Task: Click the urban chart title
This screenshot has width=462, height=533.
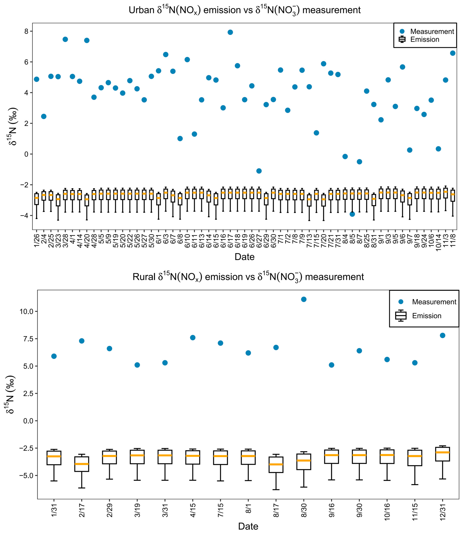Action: [x=244, y=10]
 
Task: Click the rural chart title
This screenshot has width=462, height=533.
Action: [x=248, y=277]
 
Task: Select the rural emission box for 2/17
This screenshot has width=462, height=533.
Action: [x=82, y=464]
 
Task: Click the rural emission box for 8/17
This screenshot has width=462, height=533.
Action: [x=276, y=465]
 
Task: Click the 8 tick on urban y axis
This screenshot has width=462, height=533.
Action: [x=26, y=31]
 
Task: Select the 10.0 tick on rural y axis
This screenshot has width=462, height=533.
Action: [x=27, y=311]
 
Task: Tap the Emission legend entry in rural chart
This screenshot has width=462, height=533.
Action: [x=418, y=316]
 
